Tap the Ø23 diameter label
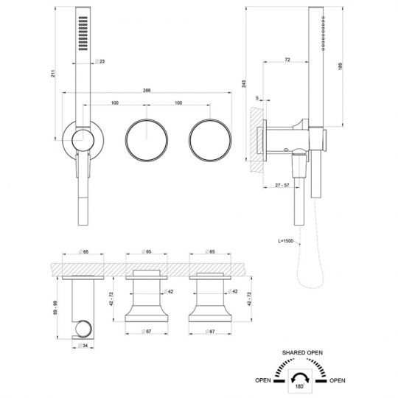click(x=100, y=61)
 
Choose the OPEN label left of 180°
click(x=263, y=382)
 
